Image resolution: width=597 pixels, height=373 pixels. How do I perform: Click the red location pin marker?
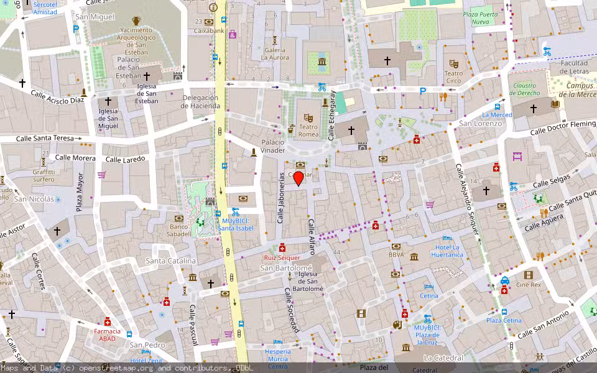(298, 178)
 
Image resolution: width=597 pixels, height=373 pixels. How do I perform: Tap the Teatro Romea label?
(308, 131)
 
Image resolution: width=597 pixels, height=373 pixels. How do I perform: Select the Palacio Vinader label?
(272, 146)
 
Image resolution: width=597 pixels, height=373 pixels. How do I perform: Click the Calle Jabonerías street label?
(280, 198)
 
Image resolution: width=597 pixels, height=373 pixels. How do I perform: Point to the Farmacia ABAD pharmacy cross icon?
(108, 321)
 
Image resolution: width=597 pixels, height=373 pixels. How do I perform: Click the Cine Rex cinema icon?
(529, 275)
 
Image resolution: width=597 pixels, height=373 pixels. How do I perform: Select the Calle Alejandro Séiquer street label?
(468, 199)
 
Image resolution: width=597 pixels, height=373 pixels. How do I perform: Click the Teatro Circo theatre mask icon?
(454, 63)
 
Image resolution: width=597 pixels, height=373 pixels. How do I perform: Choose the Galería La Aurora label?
(275, 53)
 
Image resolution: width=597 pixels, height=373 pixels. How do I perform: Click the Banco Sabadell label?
(178, 230)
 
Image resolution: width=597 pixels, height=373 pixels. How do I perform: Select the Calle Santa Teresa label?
(45, 139)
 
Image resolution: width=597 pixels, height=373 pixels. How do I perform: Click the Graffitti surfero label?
(44, 175)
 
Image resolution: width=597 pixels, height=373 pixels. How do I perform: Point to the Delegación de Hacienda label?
(200, 101)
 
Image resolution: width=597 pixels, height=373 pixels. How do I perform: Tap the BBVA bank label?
(396, 254)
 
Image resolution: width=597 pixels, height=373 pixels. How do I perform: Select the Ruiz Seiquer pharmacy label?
(282, 257)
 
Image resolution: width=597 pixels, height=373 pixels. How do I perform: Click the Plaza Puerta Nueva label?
(480, 18)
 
